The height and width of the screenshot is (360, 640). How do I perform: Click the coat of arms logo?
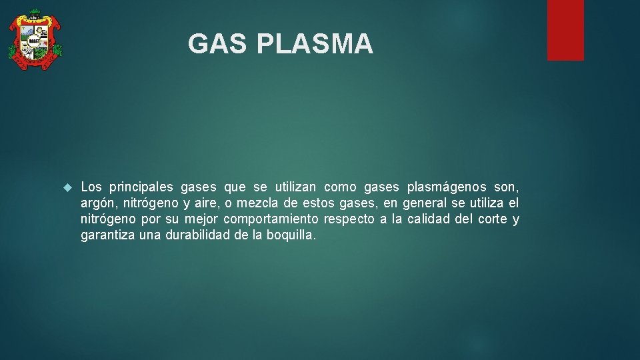(35, 39)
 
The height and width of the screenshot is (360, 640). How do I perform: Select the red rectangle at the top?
(565, 30)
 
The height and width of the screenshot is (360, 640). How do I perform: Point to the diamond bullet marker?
(67, 187)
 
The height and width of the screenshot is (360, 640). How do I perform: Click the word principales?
(141, 187)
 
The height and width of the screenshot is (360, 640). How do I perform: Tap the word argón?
(99, 203)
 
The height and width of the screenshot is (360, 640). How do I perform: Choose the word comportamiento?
(271, 219)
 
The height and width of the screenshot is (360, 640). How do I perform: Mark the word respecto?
(349, 219)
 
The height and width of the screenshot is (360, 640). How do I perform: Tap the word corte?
(492, 219)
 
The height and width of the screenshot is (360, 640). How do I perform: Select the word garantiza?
(107, 235)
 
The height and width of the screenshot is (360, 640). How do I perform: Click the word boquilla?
(291, 235)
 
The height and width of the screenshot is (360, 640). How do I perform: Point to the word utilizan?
(299, 187)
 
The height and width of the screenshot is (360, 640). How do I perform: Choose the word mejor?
(201, 219)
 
